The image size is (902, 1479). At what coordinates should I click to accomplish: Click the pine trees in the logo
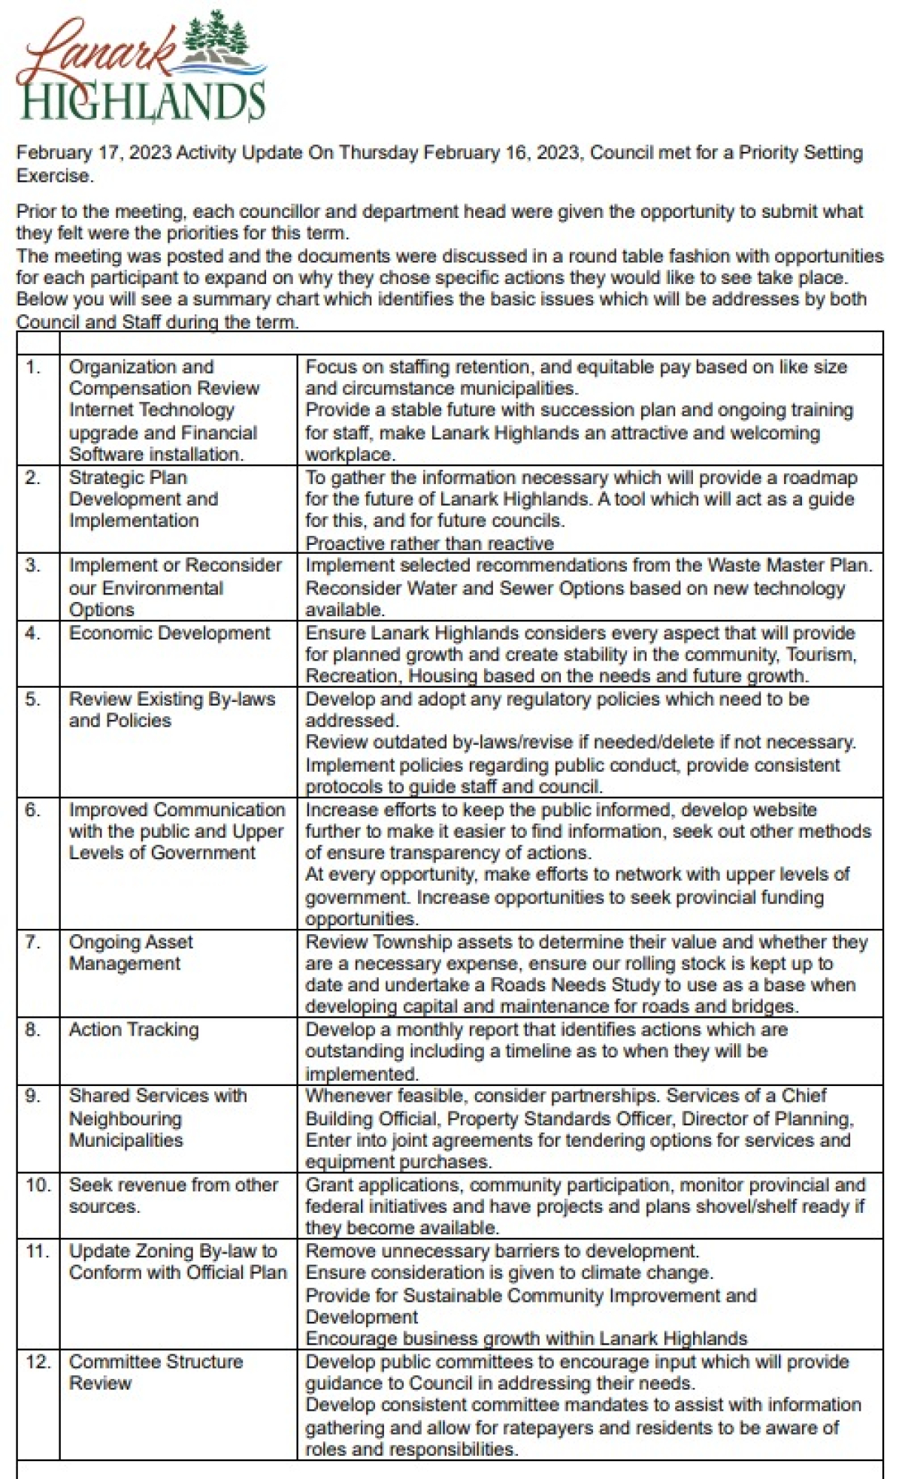click(218, 35)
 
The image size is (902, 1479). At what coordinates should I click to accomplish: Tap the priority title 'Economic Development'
click(169, 633)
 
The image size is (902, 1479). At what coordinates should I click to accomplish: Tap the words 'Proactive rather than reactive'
click(429, 543)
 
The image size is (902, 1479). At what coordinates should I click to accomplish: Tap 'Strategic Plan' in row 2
click(128, 477)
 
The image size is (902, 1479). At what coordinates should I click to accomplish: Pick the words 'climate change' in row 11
click(647, 1272)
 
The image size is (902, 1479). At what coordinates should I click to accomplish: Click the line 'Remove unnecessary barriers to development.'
click(502, 1251)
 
